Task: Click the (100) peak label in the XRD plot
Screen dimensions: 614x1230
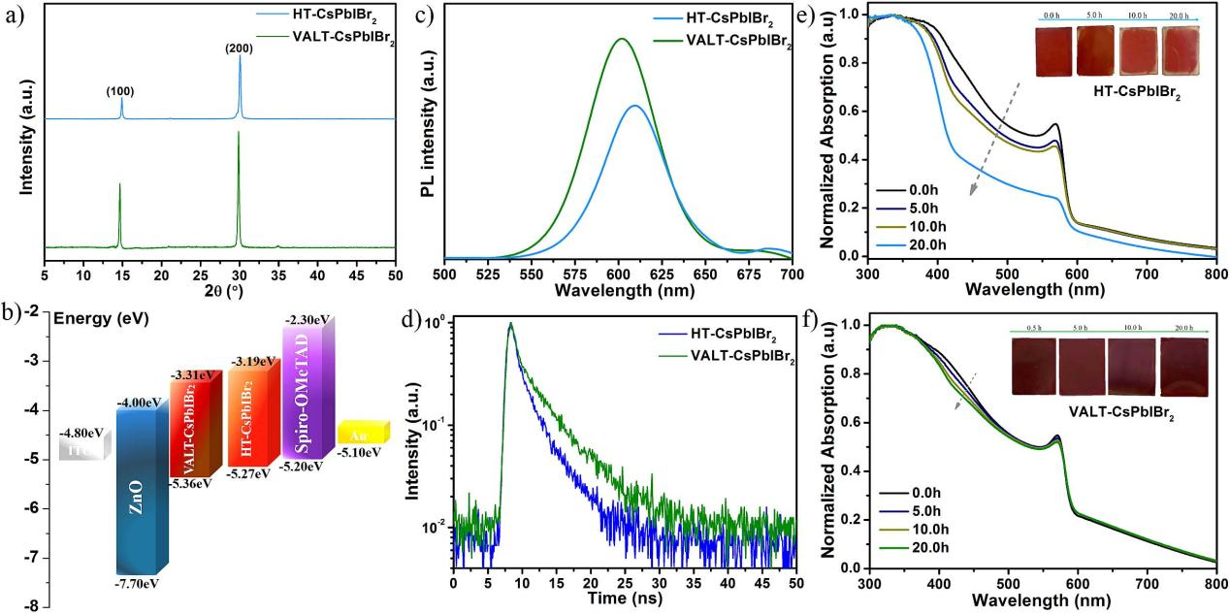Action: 120,91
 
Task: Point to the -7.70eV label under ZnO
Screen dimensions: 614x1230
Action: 139,584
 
